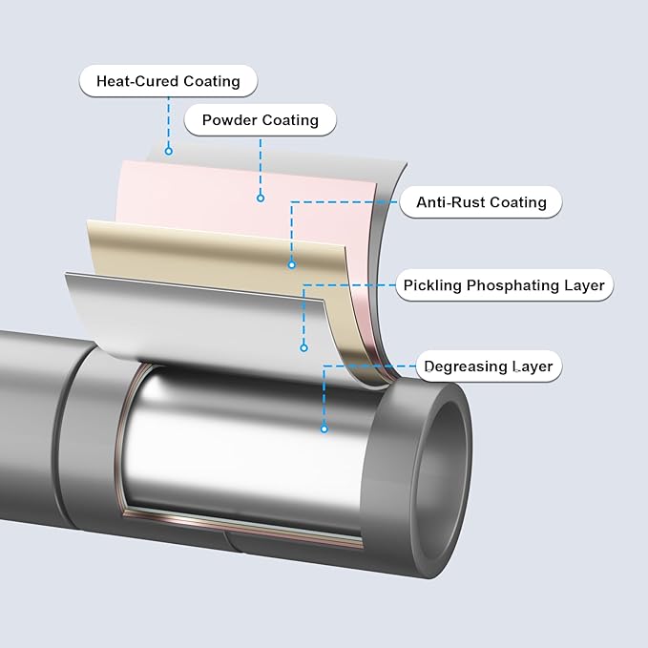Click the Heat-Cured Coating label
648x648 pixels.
pyautogui.click(x=168, y=81)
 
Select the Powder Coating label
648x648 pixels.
pyautogui.click(x=260, y=121)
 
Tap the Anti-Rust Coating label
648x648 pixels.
pyautogui.click(x=481, y=202)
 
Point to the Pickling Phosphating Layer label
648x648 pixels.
pyautogui.click(x=503, y=285)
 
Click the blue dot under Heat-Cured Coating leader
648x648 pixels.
pyautogui.click(x=169, y=150)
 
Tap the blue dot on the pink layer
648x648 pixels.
pyautogui.click(x=261, y=199)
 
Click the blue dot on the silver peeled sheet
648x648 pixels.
pyautogui.click(x=304, y=347)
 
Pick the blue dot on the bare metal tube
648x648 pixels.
pyautogui.click(x=324, y=429)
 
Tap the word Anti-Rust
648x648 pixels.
pyautogui.click(x=449, y=202)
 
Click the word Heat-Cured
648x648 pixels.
pyautogui.click(x=136, y=81)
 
